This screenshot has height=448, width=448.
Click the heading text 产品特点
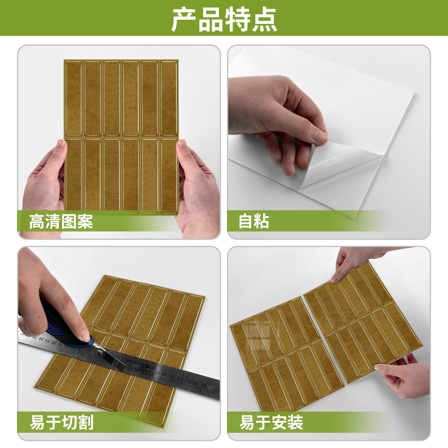(224, 20)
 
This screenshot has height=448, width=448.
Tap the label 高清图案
(61, 221)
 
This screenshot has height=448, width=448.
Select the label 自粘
(254, 221)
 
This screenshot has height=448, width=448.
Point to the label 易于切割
(62, 422)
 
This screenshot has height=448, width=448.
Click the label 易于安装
(271, 422)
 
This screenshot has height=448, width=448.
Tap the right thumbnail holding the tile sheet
(182, 145)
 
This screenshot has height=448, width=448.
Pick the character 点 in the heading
(265, 20)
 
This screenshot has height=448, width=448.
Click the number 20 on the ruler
(136, 365)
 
